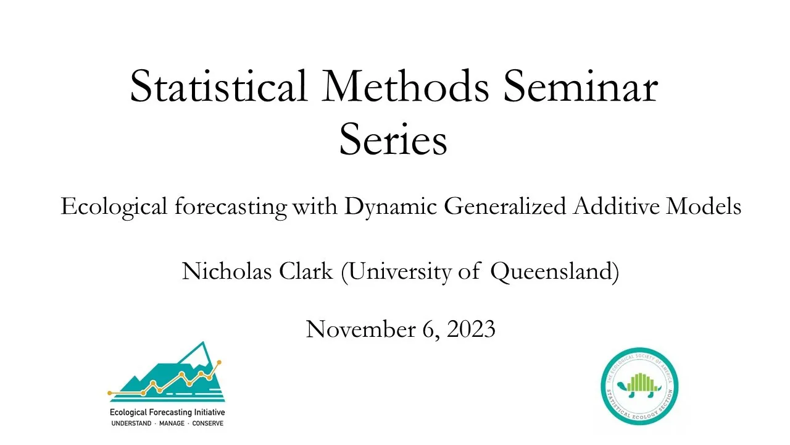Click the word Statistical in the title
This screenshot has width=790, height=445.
click(x=218, y=86)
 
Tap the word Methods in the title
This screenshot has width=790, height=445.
click(x=405, y=86)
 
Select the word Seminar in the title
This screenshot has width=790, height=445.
click(x=581, y=86)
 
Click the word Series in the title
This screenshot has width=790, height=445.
click(x=393, y=139)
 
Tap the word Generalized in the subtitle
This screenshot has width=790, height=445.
click(x=505, y=206)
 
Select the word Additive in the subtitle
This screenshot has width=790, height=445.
click(x=616, y=206)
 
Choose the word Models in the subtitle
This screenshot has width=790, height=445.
click(x=704, y=206)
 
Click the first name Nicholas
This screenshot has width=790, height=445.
click(x=227, y=271)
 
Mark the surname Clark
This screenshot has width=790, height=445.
click(x=306, y=271)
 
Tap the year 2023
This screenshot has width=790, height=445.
click(x=471, y=329)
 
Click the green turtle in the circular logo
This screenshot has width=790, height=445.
click(x=639, y=386)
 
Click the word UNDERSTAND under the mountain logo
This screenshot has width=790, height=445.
click(x=131, y=423)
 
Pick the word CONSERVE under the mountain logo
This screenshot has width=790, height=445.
click(x=208, y=423)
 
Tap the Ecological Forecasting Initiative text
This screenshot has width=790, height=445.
click(x=167, y=412)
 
